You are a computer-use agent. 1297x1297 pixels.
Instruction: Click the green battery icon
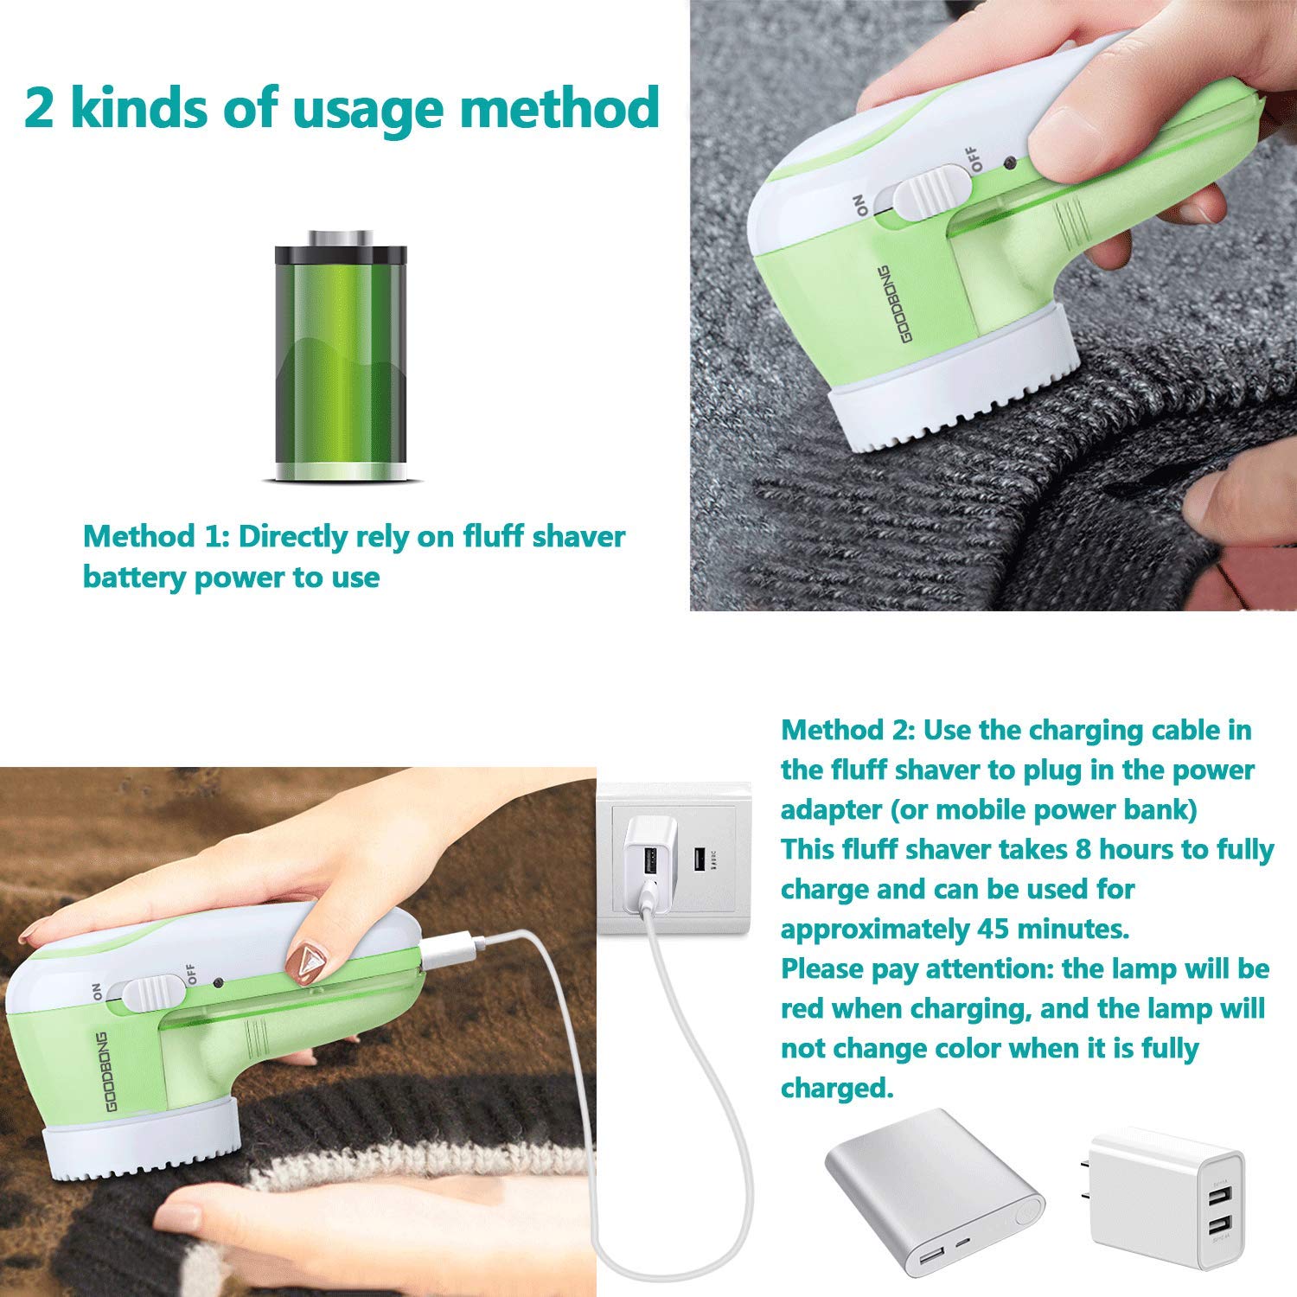coord(341,356)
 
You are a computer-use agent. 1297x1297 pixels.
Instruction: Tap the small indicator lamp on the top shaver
coord(1009,162)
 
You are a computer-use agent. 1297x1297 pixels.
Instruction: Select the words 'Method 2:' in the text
coord(847,730)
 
